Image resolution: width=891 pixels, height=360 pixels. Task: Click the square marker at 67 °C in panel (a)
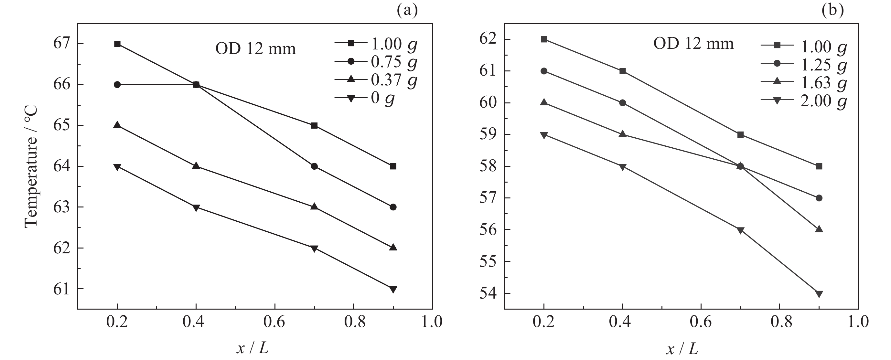pyautogui.click(x=117, y=44)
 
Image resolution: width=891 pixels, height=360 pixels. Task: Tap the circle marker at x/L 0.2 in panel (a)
pyautogui.click(x=117, y=85)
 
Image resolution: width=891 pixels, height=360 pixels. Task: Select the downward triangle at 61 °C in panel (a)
pyautogui.click(x=393, y=289)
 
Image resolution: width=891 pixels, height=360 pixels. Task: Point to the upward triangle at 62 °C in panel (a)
pyautogui.click(x=393, y=248)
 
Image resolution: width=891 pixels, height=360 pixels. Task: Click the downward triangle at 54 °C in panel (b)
pyautogui.click(x=819, y=294)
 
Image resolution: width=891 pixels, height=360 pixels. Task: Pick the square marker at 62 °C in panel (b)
pyautogui.click(x=544, y=39)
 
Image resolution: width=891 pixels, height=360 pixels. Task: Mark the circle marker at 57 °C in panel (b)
pyautogui.click(x=819, y=198)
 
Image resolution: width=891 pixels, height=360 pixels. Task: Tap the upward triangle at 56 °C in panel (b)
pyautogui.click(x=819, y=229)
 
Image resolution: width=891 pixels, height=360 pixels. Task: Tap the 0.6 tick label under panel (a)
pyautogui.click(x=274, y=322)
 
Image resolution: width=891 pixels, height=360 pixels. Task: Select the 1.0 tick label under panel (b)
pyautogui.click(x=858, y=322)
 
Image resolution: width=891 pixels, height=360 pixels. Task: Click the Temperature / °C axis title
pyautogui.click(x=31, y=166)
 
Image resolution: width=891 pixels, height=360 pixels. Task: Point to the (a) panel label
pyautogui.click(x=407, y=10)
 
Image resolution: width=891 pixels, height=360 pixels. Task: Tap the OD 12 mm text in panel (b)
pyautogui.click(x=693, y=44)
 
